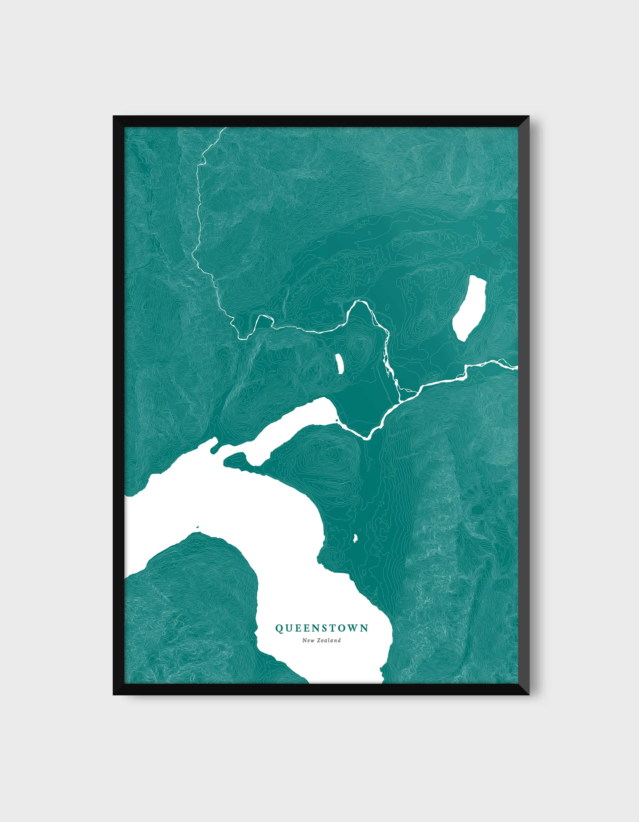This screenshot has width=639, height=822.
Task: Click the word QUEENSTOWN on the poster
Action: [322, 628]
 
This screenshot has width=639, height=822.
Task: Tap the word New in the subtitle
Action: [309, 640]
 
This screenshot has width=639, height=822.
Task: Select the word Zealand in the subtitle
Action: [329, 640]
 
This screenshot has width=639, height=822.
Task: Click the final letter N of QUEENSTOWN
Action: [365, 628]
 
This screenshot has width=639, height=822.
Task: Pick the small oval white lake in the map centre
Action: [339, 363]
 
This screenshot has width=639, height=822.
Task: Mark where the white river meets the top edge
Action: [225, 129]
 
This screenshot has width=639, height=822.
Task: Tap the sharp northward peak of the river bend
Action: [360, 301]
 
